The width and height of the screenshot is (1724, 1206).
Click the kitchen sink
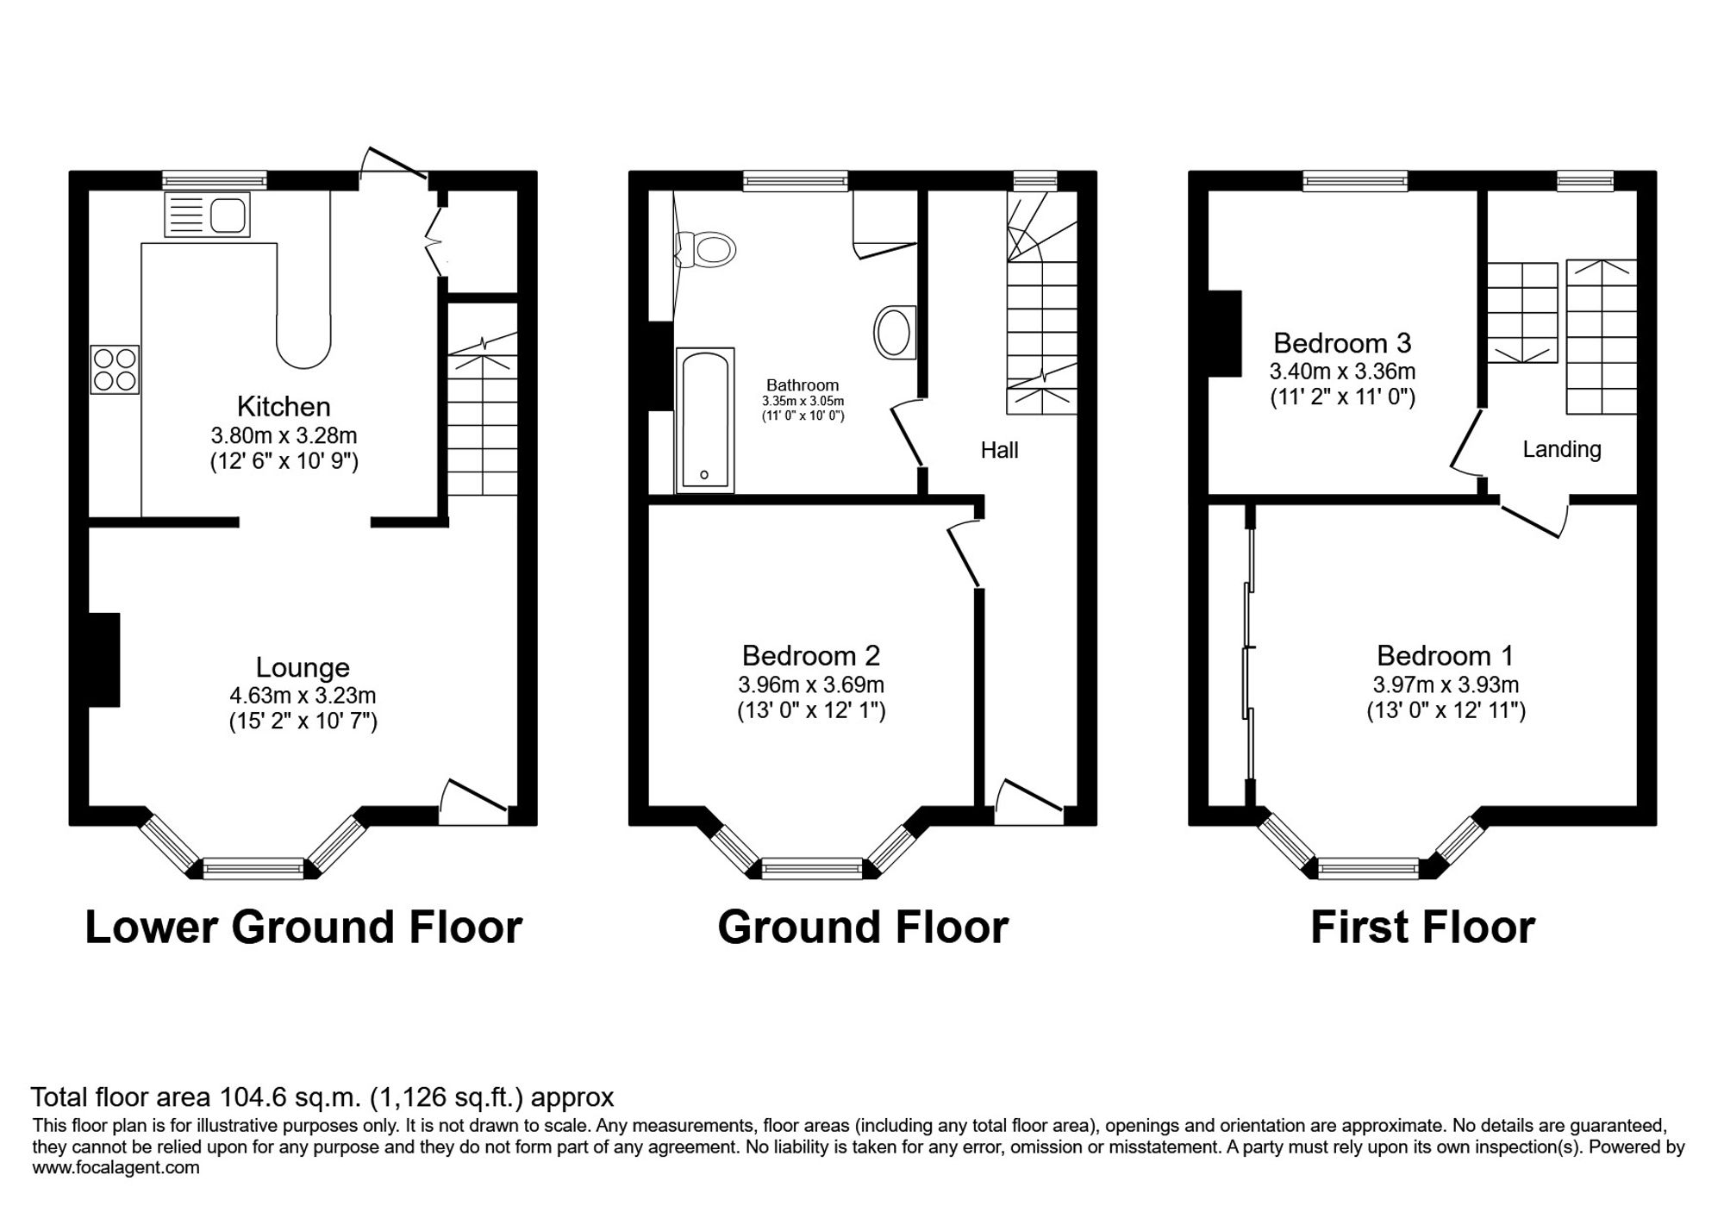207,215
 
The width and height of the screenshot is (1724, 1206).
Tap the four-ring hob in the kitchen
115,369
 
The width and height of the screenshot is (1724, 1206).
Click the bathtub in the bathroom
705,420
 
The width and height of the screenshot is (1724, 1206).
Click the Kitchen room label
284,406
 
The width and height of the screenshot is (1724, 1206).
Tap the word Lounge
303,667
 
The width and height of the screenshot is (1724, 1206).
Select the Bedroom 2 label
811,655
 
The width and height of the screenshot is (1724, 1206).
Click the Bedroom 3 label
1342,343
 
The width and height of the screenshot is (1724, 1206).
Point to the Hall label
999,449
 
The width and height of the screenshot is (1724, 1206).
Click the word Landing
1562,449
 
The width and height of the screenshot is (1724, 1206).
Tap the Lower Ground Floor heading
303,928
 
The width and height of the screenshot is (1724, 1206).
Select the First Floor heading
1422,928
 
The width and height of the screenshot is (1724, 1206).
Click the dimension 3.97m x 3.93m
1446,684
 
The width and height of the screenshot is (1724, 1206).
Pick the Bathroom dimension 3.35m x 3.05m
803,401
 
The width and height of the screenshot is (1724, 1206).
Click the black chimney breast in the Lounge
104,659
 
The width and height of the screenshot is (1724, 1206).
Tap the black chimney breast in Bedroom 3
1225,334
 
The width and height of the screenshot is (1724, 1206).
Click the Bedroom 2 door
965,553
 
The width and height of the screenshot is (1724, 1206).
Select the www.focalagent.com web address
116,1168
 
